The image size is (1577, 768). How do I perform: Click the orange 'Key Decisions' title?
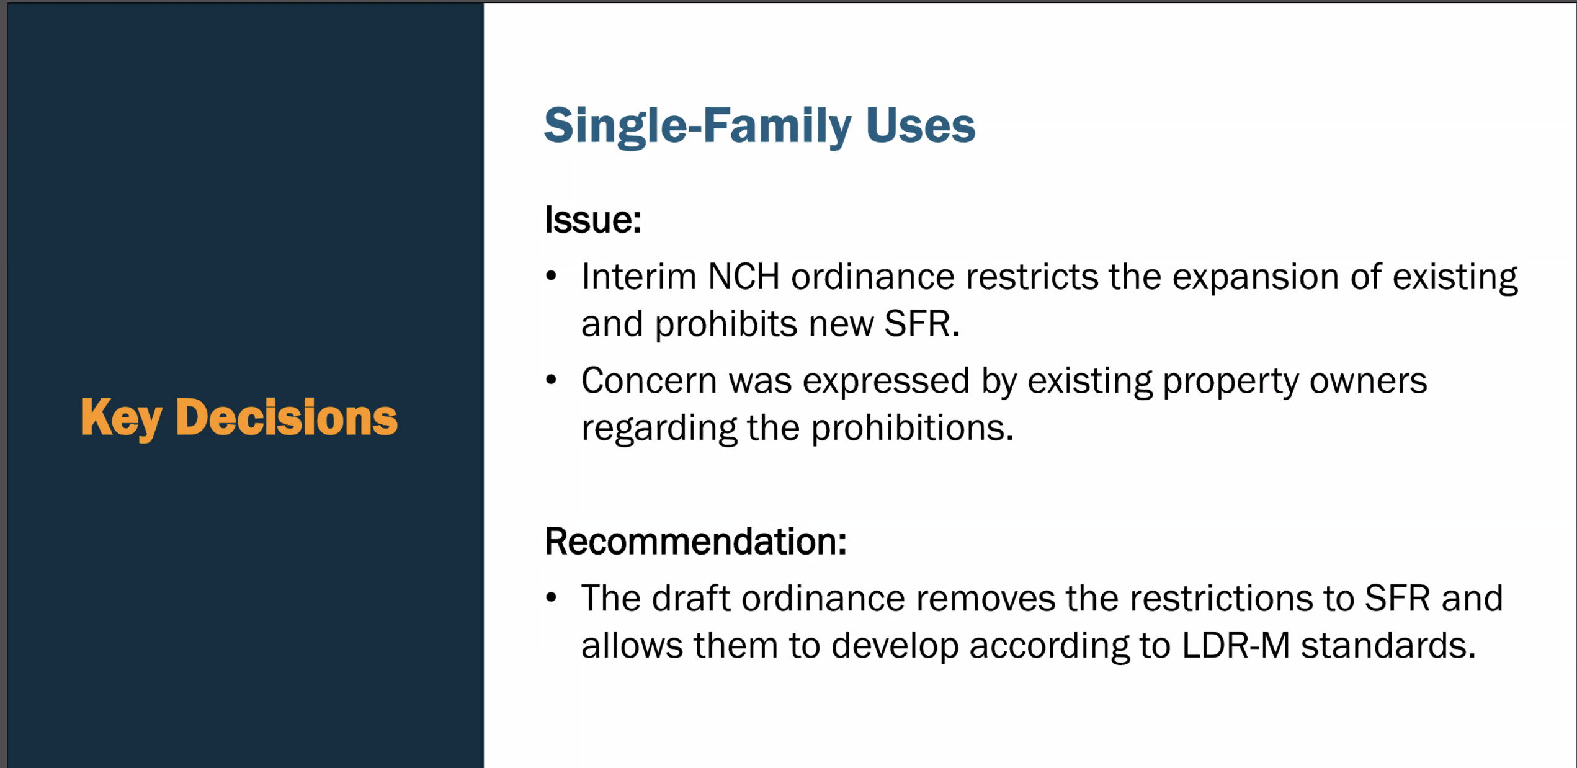point(239,418)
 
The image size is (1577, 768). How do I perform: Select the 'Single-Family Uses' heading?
point(759,127)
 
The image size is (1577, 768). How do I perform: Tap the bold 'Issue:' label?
point(592,220)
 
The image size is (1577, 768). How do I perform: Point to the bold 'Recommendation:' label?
point(695,542)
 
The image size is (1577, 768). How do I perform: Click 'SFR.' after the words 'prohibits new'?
point(922,324)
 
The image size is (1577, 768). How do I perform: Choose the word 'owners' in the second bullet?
point(1368,382)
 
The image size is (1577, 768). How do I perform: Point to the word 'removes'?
point(985,599)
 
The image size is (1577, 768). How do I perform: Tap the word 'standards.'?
point(1388,646)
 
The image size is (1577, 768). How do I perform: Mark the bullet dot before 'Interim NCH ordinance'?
point(551,276)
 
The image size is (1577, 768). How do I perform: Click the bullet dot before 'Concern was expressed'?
point(551,380)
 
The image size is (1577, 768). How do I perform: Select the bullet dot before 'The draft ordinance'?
point(551,597)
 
